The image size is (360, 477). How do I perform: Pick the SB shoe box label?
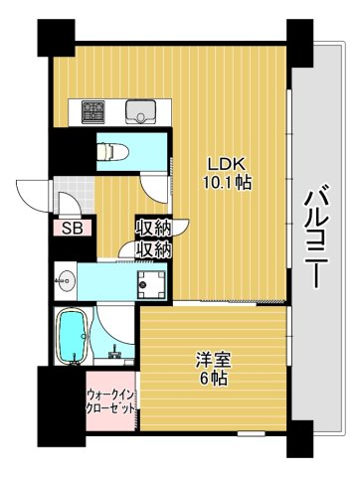click(72, 228)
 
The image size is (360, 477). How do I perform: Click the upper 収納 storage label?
click(154, 229)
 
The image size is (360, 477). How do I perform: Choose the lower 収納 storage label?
click(154, 247)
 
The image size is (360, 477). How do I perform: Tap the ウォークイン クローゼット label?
click(110, 401)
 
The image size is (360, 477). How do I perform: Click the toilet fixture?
click(110, 150)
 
